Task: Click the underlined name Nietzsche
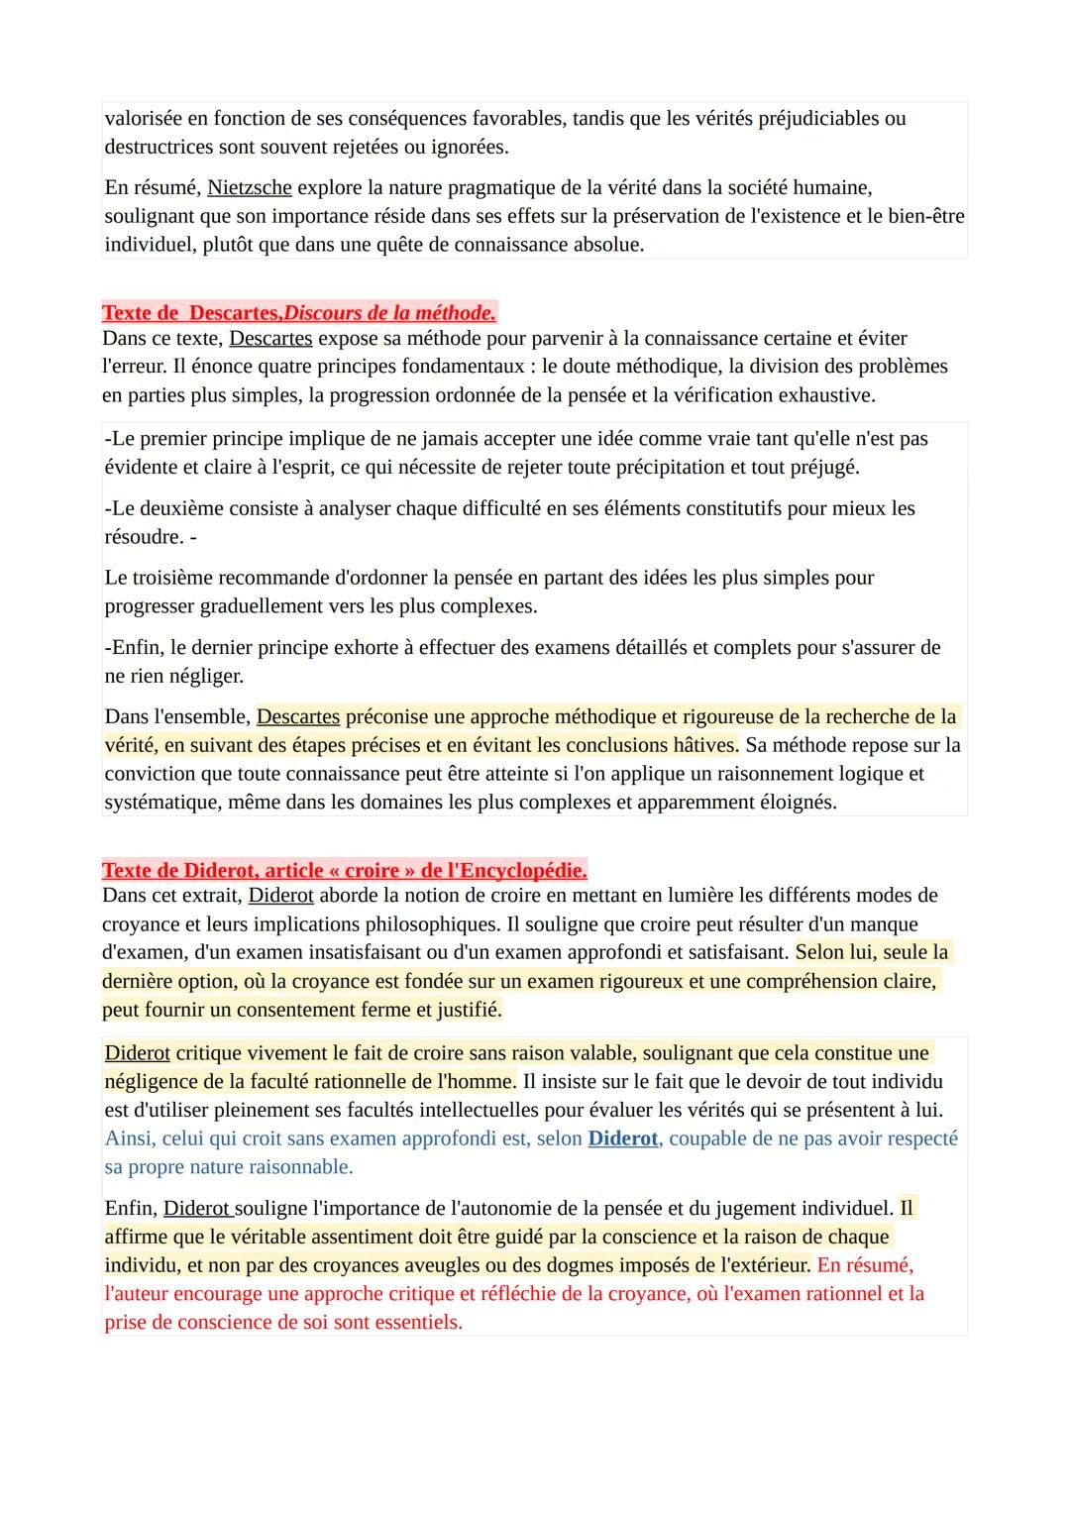(249, 187)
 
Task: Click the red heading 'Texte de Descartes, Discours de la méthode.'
(298, 313)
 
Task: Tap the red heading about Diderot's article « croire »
(344, 871)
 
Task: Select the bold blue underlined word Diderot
(622, 1138)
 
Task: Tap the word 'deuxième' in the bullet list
(183, 508)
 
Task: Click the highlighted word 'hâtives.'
(700, 745)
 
